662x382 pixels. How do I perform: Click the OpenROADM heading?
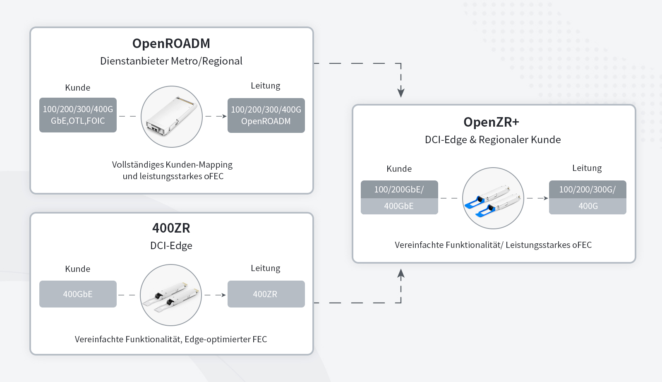coord(171,43)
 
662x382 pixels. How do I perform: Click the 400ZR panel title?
coord(171,228)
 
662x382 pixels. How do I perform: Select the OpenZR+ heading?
coord(491,122)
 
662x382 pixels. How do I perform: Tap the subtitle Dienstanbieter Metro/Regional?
coord(171,61)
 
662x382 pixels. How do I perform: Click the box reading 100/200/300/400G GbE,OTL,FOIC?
coord(78,115)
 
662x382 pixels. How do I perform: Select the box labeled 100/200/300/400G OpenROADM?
coord(266,115)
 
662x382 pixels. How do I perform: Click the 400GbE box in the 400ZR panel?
coord(78,294)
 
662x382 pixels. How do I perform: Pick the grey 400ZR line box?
coord(266,294)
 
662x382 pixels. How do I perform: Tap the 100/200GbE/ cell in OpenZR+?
coord(399,190)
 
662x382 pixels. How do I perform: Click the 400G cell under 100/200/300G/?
coord(588,206)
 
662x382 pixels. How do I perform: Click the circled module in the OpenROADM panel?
coord(172,117)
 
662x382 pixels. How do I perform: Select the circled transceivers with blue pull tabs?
coord(493,198)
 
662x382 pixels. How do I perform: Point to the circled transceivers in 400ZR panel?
coord(171,295)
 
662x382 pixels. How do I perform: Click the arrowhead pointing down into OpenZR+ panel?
coord(401,92)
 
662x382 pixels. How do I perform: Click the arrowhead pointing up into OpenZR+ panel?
coord(401,274)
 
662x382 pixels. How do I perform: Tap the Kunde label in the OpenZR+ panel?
coord(399,169)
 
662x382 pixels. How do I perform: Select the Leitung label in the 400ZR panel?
coord(265,268)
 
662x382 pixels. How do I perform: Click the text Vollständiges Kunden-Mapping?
coord(172,165)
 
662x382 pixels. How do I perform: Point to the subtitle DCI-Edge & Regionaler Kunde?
coord(493,140)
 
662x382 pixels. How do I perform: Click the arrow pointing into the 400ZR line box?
coord(222,295)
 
